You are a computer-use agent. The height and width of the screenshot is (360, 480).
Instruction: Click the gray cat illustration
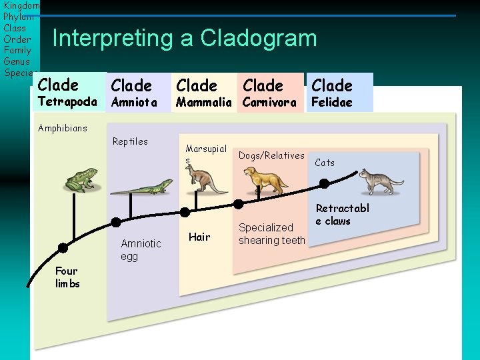pos(381,181)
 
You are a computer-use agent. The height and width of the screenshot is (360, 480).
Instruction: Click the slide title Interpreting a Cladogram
pos(185,38)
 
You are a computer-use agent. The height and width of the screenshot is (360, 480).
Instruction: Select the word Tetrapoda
pos(67,102)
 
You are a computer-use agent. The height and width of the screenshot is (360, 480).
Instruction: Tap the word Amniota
pos(134,102)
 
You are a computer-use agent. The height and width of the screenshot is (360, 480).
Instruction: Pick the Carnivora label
pos(269,102)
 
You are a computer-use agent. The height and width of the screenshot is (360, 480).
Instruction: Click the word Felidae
pos(331,102)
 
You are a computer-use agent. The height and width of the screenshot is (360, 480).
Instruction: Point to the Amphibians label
pos(63,128)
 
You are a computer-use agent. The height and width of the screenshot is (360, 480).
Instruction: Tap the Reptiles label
pos(130,141)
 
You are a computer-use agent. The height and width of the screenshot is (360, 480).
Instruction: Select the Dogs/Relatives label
pos(271,155)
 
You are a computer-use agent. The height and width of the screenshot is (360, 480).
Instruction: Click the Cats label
pos(325,163)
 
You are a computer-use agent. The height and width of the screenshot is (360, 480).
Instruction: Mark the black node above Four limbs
pos(63,247)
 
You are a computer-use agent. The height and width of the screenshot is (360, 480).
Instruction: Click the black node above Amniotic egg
pos(116,222)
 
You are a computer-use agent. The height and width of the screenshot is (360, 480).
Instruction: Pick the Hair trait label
pos(199,237)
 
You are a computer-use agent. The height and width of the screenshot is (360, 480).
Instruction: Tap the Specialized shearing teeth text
pos(271,234)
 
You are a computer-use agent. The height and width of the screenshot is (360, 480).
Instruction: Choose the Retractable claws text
pos(342,215)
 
